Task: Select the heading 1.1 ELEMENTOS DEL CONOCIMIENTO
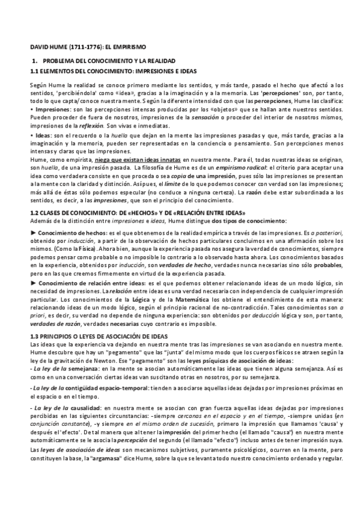(x=90, y=72)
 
